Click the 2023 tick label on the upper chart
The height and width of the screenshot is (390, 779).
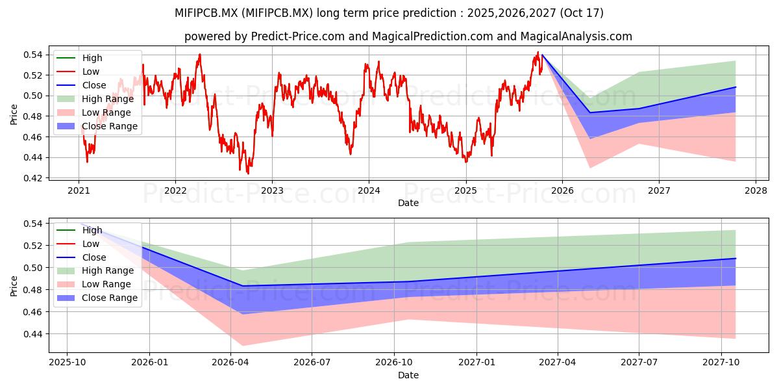272,191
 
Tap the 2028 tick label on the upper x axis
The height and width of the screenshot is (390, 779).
756,191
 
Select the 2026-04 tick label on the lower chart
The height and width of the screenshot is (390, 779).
230,363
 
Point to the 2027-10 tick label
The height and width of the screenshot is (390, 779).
721,363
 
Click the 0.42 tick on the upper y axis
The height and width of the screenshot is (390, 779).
32,178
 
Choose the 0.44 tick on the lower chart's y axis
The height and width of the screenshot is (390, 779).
32,334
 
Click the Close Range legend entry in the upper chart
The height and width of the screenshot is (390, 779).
97,126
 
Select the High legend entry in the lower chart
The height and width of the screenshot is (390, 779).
79,230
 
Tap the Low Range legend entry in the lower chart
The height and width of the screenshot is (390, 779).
94,284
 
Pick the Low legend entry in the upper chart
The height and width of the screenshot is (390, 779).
78,71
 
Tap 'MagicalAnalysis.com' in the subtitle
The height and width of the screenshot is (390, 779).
576,36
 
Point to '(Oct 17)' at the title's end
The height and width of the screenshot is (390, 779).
582,13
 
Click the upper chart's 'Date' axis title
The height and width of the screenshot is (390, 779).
408,203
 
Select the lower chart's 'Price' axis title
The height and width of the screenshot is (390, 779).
14,286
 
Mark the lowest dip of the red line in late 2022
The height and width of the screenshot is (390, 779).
248,174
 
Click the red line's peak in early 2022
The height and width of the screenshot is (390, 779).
200,55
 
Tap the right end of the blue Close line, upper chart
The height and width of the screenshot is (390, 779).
736,87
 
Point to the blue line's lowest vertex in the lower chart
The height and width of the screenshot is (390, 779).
243,286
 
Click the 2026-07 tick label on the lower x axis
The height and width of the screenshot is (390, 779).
312,363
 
